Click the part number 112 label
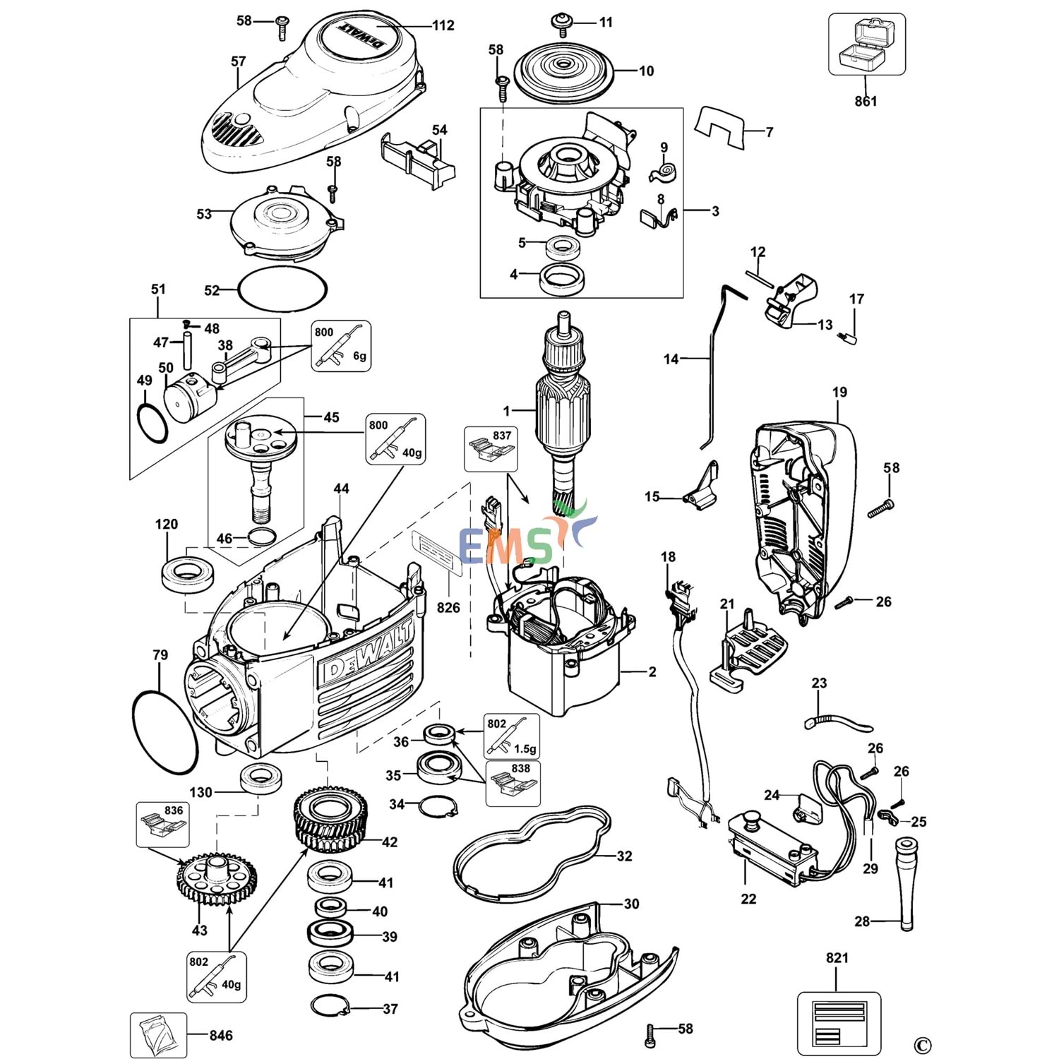(443, 25)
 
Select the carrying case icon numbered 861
(866, 44)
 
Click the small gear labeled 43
(216, 879)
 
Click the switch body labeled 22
(773, 847)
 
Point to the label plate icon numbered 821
(839, 1023)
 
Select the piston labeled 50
(187, 396)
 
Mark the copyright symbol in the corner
(922, 1046)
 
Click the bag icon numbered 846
(158, 1035)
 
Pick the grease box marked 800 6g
(341, 346)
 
